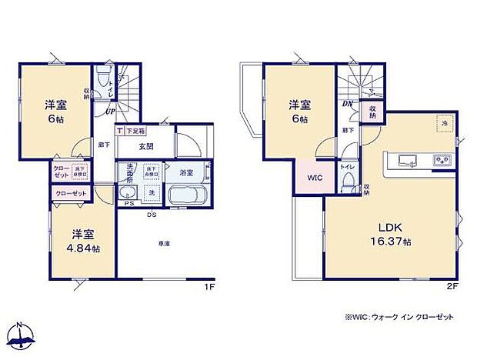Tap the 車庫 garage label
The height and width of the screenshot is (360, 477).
point(164,244)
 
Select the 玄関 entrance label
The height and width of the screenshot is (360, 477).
point(148,146)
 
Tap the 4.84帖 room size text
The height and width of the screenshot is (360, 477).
point(82,248)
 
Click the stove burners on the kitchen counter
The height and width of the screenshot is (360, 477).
point(442,160)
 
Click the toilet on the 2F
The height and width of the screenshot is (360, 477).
point(349,182)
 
